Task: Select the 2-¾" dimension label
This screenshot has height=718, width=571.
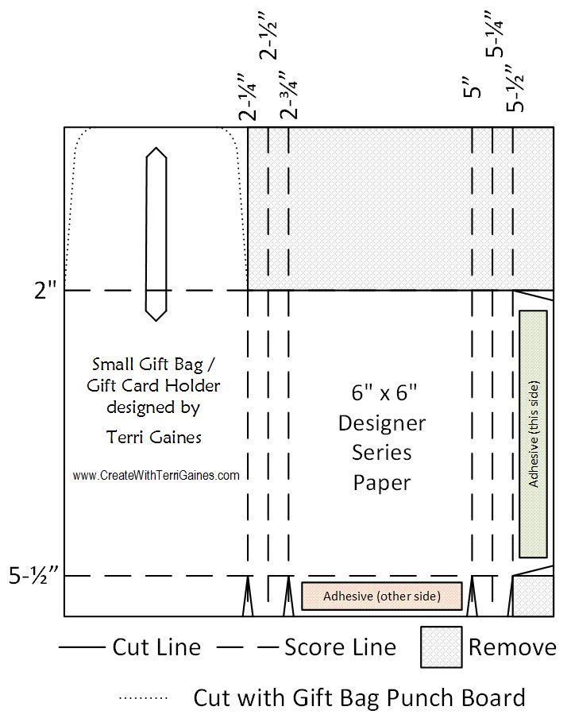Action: click(x=288, y=95)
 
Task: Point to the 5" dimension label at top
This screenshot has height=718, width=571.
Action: click(x=472, y=87)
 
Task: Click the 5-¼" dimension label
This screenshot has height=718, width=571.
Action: click(x=495, y=34)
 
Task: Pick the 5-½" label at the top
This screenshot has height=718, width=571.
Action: click(x=515, y=88)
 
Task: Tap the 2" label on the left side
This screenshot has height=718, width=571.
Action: click(x=45, y=291)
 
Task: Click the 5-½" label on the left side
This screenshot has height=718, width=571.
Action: click(x=33, y=576)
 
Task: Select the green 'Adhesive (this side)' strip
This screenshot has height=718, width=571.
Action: click(x=533, y=434)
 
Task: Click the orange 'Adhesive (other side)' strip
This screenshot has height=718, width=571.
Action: click(x=382, y=596)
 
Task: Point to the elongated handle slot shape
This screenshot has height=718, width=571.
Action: click(x=156, y=234)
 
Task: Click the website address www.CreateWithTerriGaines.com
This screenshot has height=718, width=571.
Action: click(x=156, y=475)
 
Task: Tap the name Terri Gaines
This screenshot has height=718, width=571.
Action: click(x=154, y=438)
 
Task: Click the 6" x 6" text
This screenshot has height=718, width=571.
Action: click(x=384, y=393)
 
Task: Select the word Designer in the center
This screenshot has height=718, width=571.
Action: click(x=382, y=423)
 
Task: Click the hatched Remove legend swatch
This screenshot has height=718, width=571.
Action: click(x=442, y=647)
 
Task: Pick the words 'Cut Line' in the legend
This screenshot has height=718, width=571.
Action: click(x=156, y=647)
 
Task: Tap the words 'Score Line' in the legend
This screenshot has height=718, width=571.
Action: click(x=340, y=647)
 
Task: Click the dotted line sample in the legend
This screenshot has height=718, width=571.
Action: click(x=143, y=698)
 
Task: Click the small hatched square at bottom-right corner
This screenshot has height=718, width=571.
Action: click(x=533, y=596)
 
